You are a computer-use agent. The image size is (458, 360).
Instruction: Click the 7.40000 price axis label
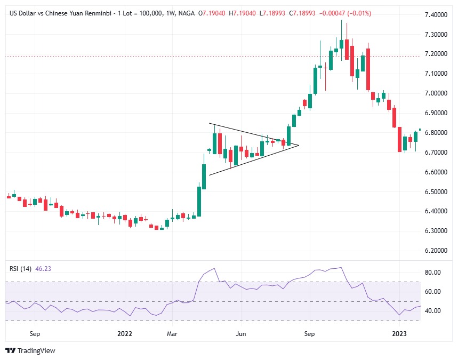(x=438, y=15)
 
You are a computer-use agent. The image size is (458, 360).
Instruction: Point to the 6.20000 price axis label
(x=438, y=250)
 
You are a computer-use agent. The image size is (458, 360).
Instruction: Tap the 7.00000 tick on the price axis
(x=438, y=93)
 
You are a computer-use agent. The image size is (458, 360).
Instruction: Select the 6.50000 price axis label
(x=438, y=191)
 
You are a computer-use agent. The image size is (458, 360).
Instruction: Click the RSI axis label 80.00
(x=433, y=272)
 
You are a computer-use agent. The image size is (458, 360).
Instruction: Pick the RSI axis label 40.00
(x=433, y=311)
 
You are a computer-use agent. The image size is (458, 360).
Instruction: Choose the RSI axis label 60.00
(x=433, y=292)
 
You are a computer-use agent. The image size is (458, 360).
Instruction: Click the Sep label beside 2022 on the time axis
(x=36, y=334)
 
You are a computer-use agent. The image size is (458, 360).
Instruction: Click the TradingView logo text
(x=36, y=350)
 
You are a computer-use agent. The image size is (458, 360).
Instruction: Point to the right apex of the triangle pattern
(x=299, y=145)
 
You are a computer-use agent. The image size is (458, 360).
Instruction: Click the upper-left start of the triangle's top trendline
(x=209, y=124)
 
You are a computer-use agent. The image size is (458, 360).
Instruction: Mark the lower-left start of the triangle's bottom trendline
(x=209, y=175)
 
